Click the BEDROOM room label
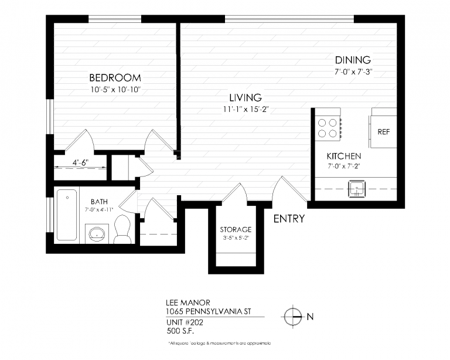(115, 78)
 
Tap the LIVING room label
(245, 97)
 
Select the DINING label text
(353, 60)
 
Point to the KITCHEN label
(343, 157)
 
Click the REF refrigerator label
(384, 132)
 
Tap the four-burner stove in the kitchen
(328, 128)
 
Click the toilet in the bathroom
(122, 229)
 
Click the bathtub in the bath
(66, 215)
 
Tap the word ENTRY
(289, 219)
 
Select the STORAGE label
(236, 229)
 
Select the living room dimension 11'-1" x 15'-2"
(245, 109)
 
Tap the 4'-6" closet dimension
(80, 162)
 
